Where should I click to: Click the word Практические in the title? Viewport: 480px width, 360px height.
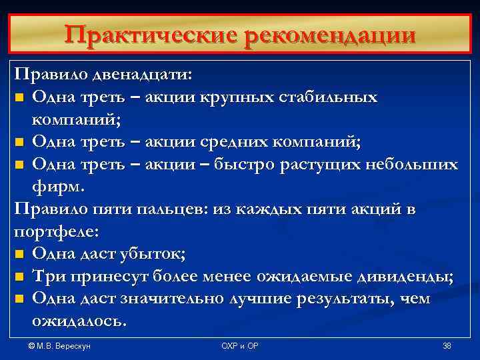coord(151,35)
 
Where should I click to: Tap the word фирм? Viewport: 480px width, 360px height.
coord(54,187)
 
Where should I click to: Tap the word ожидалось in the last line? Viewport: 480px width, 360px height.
coord(78,321)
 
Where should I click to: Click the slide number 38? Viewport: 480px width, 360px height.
coord(447,345)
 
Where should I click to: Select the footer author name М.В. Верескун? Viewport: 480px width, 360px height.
coord(60,345)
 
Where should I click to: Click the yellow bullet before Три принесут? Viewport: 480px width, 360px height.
coord(19,277)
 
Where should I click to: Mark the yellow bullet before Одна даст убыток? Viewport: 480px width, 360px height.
coord(19,254)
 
